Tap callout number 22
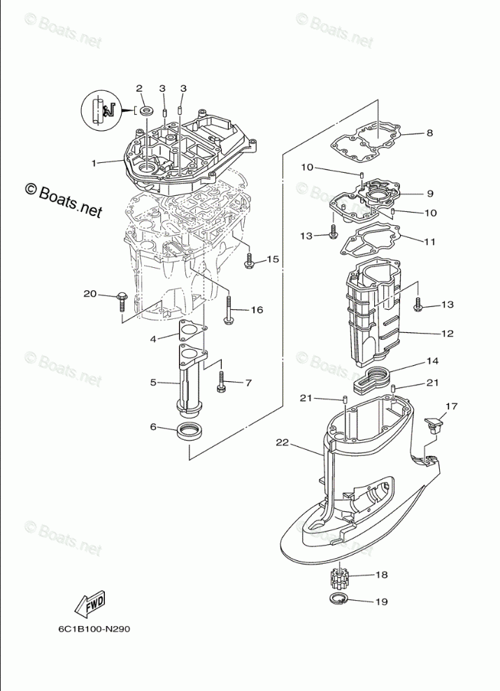[282, 442]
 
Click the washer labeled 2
[147, 111]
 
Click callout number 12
[448, 334]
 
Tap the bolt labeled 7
[222, 381]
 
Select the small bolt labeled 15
[248, 262]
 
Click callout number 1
[93, 162]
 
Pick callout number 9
[430, 194]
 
